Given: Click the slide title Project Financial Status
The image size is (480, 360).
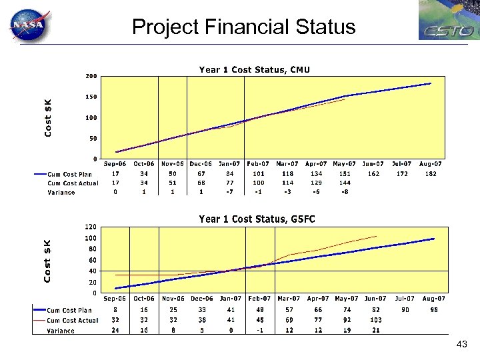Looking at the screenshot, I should [x=243, y=27].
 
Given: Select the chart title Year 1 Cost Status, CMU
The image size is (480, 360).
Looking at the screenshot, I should [x=254, y=69].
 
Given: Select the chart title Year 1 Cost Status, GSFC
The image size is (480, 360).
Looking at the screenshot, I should [x=257, y=219].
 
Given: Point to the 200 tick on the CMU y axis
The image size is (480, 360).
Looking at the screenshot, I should [x=91, y=76].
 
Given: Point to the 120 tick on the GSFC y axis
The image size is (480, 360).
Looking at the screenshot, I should [x=91, y=227].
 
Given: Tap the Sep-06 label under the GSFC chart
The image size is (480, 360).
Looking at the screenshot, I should [x=116, y=299].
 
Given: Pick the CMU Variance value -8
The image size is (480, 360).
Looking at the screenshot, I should [x=344, y=192].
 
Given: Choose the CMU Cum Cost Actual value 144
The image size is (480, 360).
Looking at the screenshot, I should [x=344, y=183].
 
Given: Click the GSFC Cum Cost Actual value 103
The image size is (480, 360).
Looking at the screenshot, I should [x=375, y=321].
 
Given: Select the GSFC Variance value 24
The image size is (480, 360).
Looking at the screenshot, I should [x=115, y=331].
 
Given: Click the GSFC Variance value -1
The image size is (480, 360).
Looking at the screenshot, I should [x=259, y=331].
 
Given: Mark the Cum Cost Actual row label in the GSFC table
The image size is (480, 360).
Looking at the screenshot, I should [x=72, y=321].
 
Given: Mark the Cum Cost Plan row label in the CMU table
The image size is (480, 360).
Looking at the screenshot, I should [x=72, y=173].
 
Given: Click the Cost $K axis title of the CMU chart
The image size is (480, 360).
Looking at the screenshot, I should [x=49, y=117].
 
